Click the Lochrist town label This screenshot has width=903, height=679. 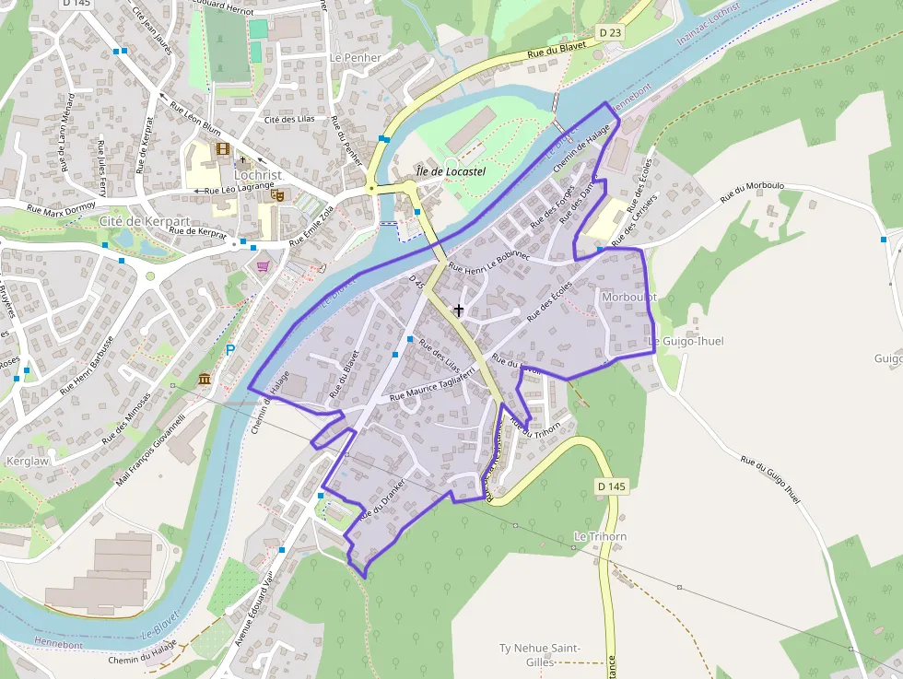click(258, 174)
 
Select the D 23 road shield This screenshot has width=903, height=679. click(610, 32)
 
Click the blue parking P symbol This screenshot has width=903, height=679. click(230, 350)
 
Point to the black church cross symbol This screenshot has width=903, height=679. click(459, 310)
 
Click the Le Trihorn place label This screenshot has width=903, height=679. click(600, 536)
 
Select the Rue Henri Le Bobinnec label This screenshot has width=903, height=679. click(488, 265)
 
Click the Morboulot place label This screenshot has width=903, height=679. click(628, 298)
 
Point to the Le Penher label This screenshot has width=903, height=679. click(355, 57)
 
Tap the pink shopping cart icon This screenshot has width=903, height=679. click(264, 266)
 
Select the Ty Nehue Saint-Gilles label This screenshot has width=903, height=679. click(539, 655)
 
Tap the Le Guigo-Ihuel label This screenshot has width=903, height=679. click(686, 341)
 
